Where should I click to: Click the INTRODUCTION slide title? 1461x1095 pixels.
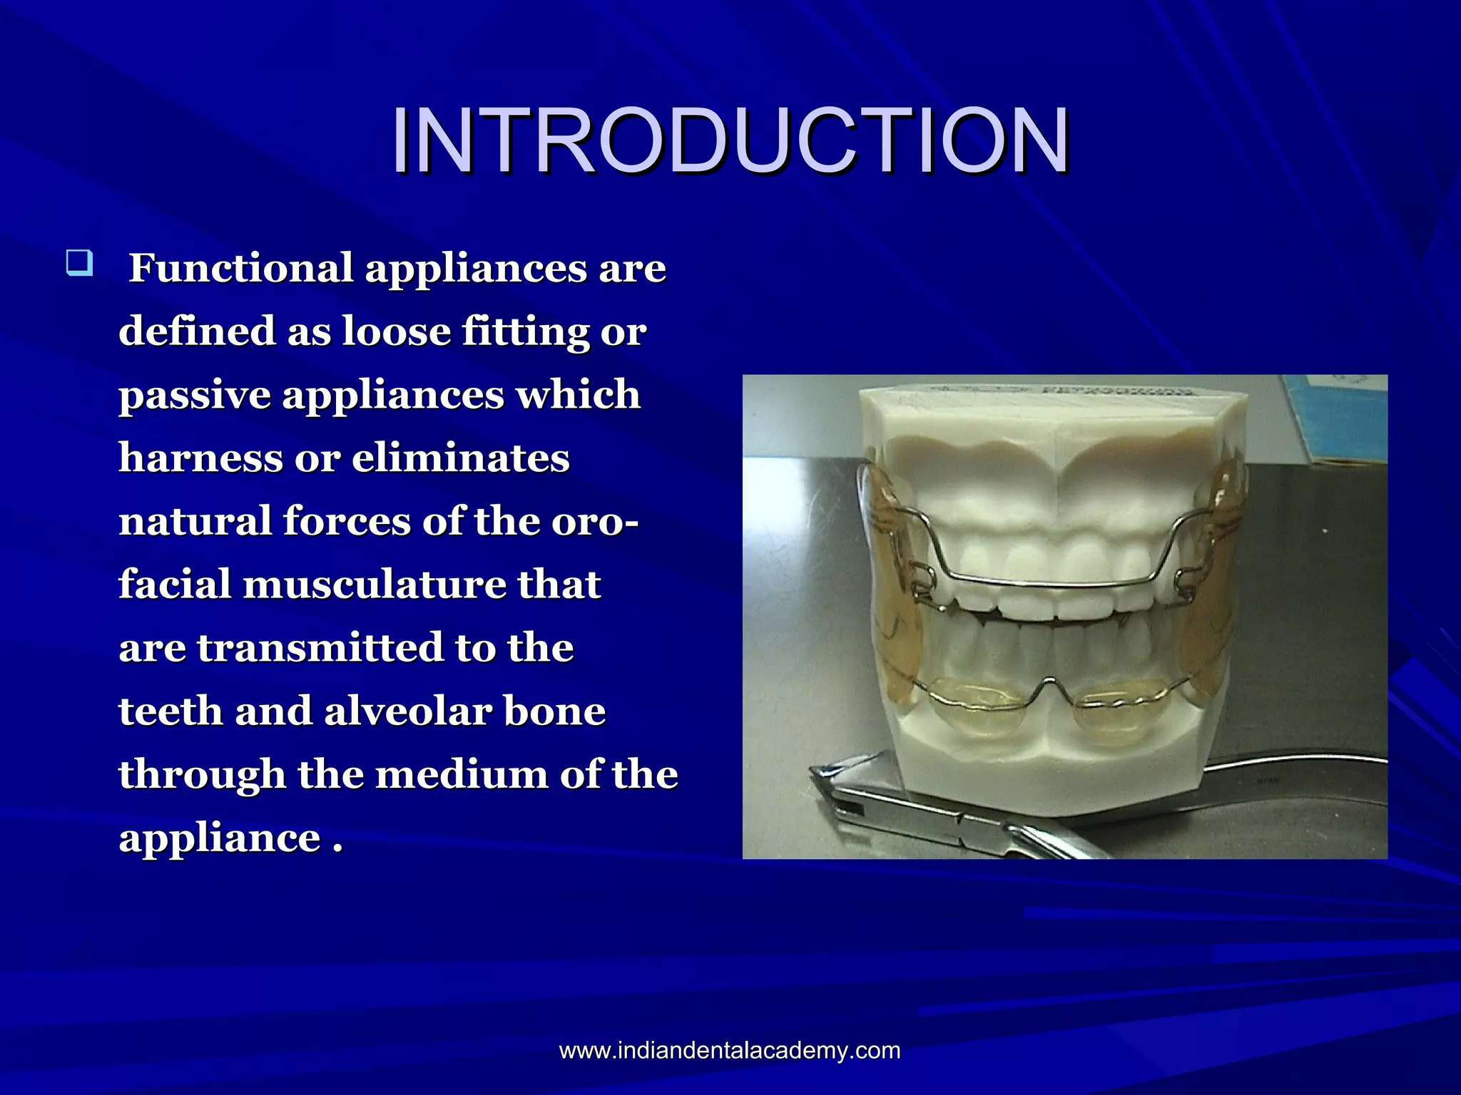click(x=730, y=140)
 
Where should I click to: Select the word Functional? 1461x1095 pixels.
click(x=240, y=269)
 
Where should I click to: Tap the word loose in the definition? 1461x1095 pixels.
click(x=396, y=331)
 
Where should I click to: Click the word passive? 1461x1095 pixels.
click(x=194, y=395)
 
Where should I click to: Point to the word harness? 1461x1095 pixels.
click(x=200, y=458)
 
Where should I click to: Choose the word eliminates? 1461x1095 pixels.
click(x=460, y=458)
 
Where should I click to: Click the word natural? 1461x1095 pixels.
click(x=195, y=521)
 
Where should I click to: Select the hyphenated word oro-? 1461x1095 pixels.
click(x=595, y=521)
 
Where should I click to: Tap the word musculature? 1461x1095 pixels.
click(x=374, y=585)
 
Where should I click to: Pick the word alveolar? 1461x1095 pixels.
click(x=407, y=711)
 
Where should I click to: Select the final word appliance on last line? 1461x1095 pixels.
click(x=220, y=838)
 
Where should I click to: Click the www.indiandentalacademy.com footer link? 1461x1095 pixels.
click(x=730, y=1050)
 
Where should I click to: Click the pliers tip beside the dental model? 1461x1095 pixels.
click(x=820, y=773)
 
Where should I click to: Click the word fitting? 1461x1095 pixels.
click(x=525, y=331)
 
